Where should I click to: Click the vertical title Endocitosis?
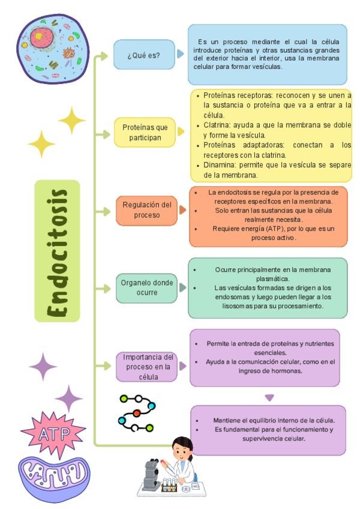(57, 250)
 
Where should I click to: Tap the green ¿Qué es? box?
(143, 55)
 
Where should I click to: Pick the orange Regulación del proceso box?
(146, 210)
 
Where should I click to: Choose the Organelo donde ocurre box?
(146, 288)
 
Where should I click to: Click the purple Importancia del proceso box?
(146, 366)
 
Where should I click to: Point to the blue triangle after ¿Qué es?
(181, 55)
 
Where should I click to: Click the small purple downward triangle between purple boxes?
(269, 397)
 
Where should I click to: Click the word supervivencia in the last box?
(263, 438)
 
